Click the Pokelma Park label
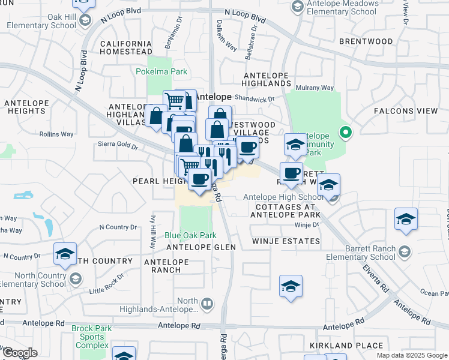click(x=168, y=71)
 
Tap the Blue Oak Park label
click(x=190, y=236)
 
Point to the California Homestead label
click(x=126, y=48)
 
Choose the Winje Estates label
click(x=285, y=241)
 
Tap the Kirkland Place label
click(x=346, y=346)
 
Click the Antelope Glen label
click(x=194, y=247)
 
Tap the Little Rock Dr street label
click(x=106, y=284)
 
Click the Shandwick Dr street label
click(x=255, y=99)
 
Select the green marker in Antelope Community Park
click(x=345, y=132)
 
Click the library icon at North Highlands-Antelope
click(x=206, y=304)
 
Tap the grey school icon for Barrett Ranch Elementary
click(x=404, y=251)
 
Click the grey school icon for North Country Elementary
click(x=76, y=278)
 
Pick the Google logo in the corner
click(x=20, y=353)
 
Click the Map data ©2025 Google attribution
click(x=412, y=355)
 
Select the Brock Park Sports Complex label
click(x=89, y=337)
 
